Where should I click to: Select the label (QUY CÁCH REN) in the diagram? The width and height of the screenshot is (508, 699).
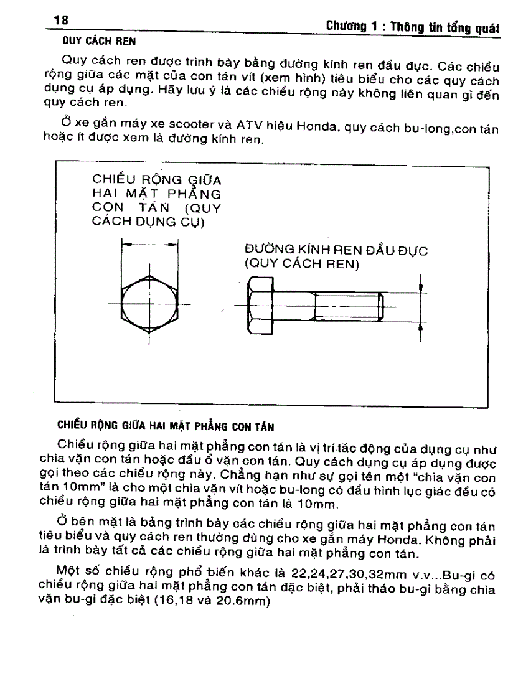point(298,264)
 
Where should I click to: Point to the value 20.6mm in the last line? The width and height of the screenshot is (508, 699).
point(244,602)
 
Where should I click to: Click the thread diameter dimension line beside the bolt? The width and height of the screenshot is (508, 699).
point(423,306)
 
